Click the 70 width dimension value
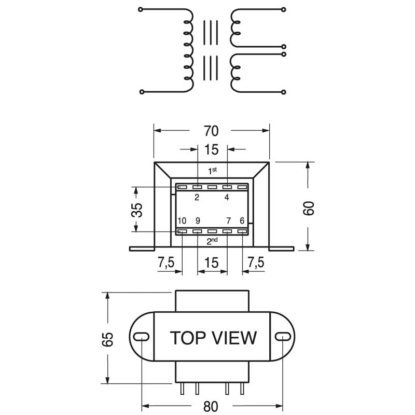(x=211, y=131)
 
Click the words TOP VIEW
(x=213, y=338)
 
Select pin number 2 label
(x=197, y=197)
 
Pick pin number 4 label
(x=227, y=197)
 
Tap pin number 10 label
(x=182, y=221)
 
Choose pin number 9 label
(x=198, y=221)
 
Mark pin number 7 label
(x=228, y=221)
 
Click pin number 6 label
(x=242, y=221)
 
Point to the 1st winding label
(x=212, y=171)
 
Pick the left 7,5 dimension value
(x=165, y=262)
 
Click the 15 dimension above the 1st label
(x=211, y=149)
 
